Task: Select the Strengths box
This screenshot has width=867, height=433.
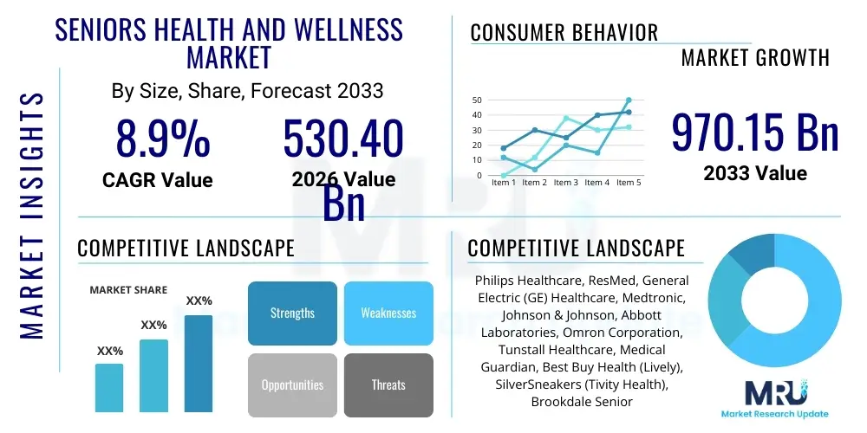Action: tap(292, 313)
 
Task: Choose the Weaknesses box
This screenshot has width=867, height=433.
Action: tap(388, 313)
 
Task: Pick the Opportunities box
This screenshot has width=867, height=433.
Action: tap(292, 385)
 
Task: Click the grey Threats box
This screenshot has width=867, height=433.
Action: tap(388, 385)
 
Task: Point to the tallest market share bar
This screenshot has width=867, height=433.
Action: tap(199, 363)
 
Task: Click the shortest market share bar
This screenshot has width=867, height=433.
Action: tap(109, 387)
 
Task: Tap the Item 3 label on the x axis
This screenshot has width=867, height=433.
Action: tap(566, 183)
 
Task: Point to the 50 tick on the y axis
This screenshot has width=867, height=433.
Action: tap(477, 100)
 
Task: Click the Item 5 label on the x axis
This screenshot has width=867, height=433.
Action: tap(628, 183)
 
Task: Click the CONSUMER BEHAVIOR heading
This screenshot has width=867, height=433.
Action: tap(564, 33)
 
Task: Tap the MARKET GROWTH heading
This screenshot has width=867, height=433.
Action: tap(755, 58)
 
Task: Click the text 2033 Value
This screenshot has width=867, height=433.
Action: tap(755, 173)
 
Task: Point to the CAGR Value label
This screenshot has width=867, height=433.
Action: tap(157, 180)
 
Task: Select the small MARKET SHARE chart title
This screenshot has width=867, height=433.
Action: tap(128, 290)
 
